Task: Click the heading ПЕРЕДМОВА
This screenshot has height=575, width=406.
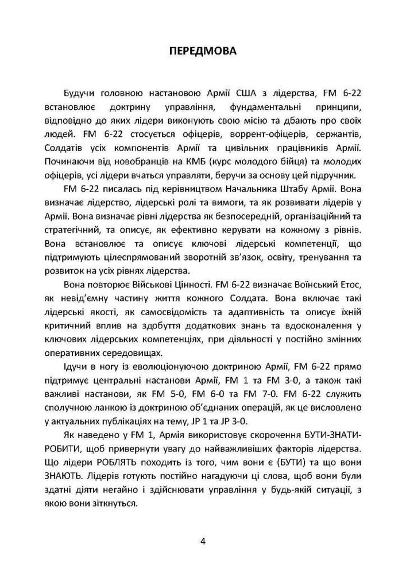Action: [x=203, y=52]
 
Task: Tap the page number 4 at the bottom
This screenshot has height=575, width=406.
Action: [x=203, y=541]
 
